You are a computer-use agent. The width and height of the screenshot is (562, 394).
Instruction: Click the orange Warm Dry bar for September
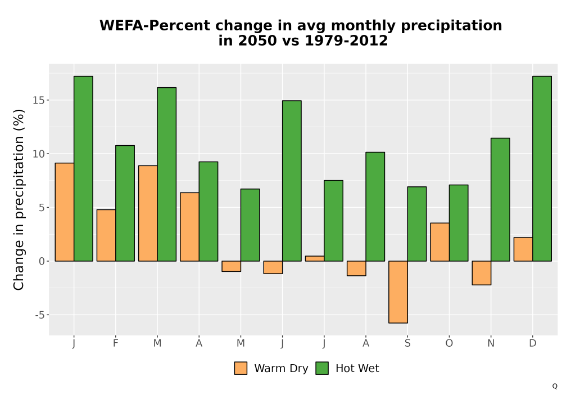point(398,292)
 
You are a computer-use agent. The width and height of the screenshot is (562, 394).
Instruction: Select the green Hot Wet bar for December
point(542,169)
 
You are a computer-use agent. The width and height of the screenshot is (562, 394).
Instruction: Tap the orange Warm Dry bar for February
point(106,235)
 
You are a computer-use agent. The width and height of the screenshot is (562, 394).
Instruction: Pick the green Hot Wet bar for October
point(459,223)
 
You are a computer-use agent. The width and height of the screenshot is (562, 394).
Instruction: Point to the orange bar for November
point(482,273)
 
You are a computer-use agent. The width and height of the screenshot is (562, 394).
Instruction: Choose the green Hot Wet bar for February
point(125,203)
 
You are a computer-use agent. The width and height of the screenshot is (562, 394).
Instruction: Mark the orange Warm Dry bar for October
point(440,242)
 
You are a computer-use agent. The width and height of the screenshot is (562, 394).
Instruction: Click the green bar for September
point(417,224)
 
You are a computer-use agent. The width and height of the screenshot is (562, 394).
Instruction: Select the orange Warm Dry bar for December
point(523,249)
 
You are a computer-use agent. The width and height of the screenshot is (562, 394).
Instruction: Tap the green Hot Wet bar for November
point(500,199)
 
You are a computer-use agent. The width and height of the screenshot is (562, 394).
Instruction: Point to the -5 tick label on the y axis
point(40,315)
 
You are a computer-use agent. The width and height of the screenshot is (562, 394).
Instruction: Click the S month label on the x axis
point(407,343)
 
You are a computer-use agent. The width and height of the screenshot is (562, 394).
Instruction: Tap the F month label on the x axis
point(115,343)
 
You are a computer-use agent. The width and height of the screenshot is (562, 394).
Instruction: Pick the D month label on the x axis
point(533,343)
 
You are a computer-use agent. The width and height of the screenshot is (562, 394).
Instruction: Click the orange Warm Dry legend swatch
point(241,368)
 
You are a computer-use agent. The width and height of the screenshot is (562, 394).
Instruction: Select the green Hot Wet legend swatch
point(322,368)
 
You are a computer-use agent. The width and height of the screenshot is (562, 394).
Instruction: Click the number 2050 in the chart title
point(258,41)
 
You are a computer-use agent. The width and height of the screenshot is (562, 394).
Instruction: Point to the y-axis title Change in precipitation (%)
point(19,199)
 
